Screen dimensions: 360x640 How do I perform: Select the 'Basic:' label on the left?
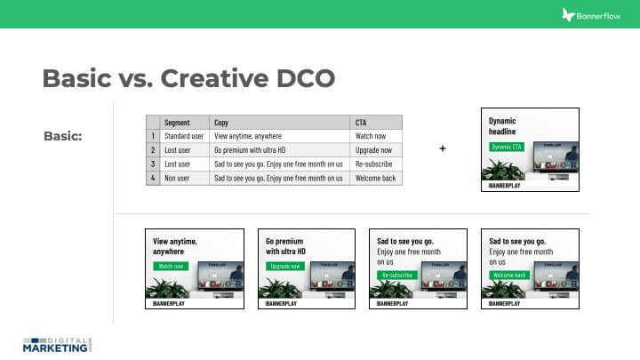coord(62,136)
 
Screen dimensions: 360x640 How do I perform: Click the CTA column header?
coord(361,123)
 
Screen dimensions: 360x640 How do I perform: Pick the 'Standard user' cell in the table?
coord(185,136)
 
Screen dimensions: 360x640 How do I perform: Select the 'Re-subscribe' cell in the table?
coord(373,164)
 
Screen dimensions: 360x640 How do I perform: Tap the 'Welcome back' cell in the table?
coord(375,178)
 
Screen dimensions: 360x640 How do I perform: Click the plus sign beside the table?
coord(443,148)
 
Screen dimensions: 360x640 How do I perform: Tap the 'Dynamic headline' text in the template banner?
coord(503,126)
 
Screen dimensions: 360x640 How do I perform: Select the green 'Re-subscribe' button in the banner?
coord(396,276)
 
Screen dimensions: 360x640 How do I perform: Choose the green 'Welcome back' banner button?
coord(508,276)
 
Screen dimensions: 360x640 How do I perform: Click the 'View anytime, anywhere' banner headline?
coord(174,246)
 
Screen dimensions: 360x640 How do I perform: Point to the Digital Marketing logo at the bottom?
coord(58,343)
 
